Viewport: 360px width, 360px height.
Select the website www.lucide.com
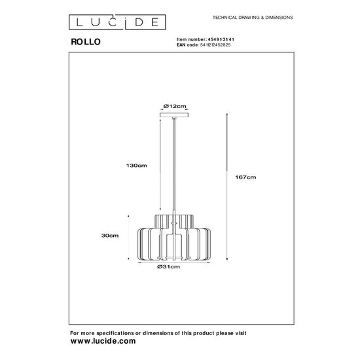pyautogui.click(x=103, y=341)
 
